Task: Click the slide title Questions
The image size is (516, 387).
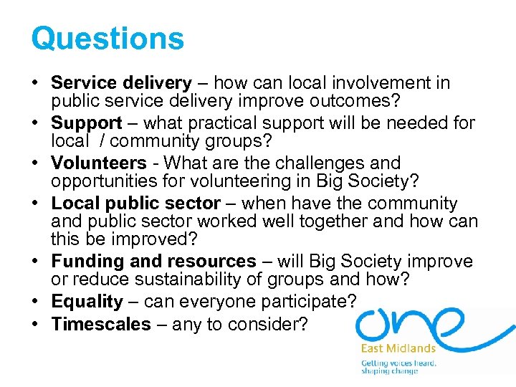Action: pyautogui.click(x=107, y=38)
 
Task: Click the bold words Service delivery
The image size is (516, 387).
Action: pyautogui.click(x=121, y=83)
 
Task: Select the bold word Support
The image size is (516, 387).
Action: pyautogui.click(x=87, y=123)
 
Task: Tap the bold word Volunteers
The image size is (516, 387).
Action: pyautogui.click(x=99, y=163)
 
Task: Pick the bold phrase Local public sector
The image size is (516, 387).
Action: pyautogui.click(x=135, y=204)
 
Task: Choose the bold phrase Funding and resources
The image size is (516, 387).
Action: pyautogui.click(x=153, y=262)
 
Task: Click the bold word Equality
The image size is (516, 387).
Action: pyautogui.click(x=87, y=302)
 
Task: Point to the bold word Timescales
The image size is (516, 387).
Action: pyautogui.click(x=101, y=325)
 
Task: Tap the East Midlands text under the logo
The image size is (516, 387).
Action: pyautogui.click(x=398, y=348)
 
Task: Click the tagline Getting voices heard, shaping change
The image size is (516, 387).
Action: pyautogui.click(x=398, y=367)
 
